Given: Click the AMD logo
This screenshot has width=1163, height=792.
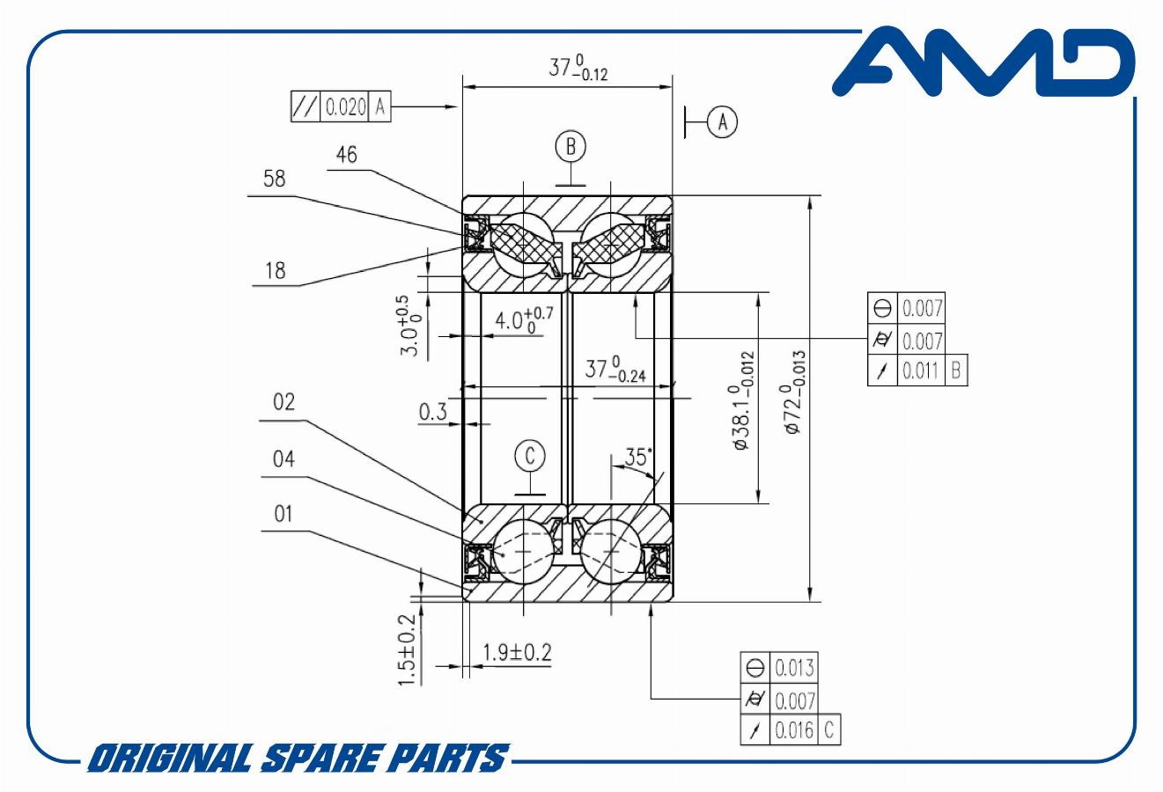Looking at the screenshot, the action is point(984,62).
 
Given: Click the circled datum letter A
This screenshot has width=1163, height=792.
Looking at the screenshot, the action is point(722,122).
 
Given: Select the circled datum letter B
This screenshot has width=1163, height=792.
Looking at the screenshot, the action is point(570,146).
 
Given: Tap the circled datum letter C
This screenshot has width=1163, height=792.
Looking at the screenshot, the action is point(530,456).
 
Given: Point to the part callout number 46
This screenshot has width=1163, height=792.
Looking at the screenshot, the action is point(346,155).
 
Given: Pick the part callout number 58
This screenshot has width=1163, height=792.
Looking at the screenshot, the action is point(274,179).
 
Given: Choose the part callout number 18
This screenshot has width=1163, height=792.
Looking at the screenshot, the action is point(276,270).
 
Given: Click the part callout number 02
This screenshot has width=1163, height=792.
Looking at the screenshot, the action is point(283,402).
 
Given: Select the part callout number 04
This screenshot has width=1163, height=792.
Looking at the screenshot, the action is point(283,458).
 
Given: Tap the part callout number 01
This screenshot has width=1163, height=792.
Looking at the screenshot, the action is point(283,514).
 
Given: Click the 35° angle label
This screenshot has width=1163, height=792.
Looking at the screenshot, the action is point(637,458).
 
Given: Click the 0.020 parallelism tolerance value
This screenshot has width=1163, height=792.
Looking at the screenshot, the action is point(346,107).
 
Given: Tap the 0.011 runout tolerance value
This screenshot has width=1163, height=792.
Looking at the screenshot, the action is point(921,370).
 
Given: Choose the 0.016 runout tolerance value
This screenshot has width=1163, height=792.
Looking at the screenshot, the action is point(794,730).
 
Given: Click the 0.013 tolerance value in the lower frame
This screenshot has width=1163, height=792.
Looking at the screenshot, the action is point(794,668).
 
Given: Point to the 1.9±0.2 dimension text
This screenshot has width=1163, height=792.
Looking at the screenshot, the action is point(517,652).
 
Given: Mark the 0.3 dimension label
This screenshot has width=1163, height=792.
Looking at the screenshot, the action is point(432,412).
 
